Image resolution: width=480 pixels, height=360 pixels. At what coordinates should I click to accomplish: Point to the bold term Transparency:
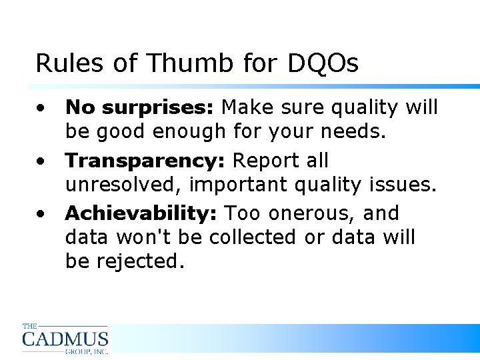click(145, 161)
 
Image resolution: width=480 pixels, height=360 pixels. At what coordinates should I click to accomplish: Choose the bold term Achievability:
click(142, 214)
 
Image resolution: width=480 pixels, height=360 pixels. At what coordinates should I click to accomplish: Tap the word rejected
click(140, 261)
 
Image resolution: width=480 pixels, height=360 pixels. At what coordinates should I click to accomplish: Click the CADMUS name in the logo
click(65, 339)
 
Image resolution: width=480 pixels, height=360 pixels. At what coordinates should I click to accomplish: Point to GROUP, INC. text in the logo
click(86, 350)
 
